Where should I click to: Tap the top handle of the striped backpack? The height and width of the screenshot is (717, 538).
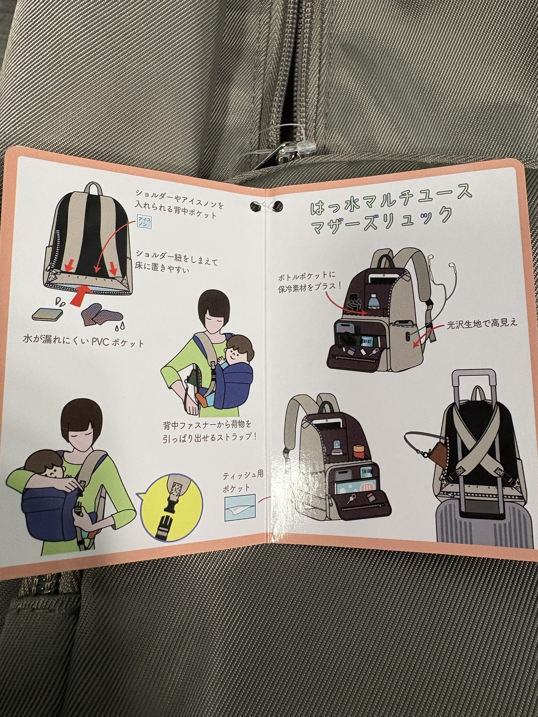pyautogui.click(x=94, y=187)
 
